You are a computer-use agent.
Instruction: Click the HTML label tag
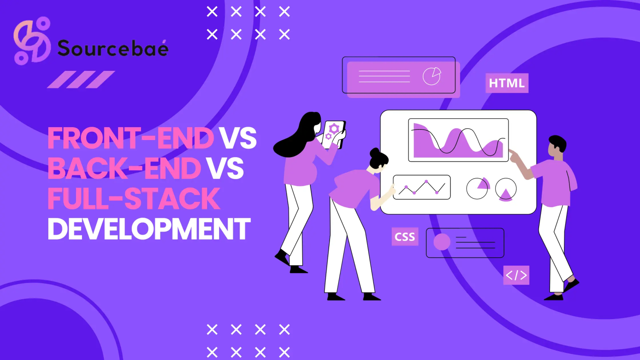[x=507, y=83]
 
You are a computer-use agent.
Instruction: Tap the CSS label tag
[x=405, y=237]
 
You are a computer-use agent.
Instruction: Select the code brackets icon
[x=516, y=275]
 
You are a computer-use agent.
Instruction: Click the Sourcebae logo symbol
[x=32, y=41]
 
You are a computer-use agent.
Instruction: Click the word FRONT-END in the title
[x=131, y=138]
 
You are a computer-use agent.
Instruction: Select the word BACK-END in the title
[x=125, y=168]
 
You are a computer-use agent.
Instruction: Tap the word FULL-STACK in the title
[x=134, y=199]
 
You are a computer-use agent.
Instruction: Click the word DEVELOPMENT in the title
[x=149, y=229]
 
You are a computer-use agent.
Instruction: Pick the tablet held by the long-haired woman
[x=334, y=133]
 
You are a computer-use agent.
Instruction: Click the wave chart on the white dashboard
[x=458, y=140]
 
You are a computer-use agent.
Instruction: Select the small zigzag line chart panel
[x=422, y=187]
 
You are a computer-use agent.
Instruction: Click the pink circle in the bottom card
[x=442, y=242]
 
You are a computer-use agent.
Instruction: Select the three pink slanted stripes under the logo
[x=81, y=80]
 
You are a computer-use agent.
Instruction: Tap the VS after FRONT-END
[x=238, y=138]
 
